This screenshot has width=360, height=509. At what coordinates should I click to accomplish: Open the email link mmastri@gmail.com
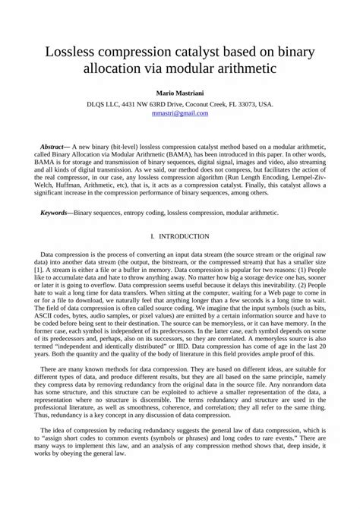(x=180, y=112)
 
